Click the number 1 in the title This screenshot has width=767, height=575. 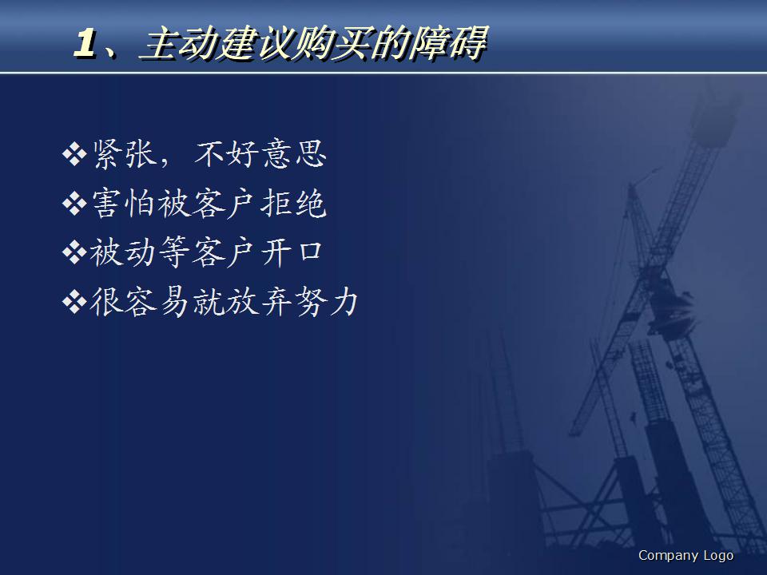click(x=86, y=45)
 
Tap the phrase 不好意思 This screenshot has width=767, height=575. click(x=260, y=154)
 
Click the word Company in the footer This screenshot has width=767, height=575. click(x=668, y=556)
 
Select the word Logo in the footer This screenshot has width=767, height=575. click(x=718, y=556)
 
